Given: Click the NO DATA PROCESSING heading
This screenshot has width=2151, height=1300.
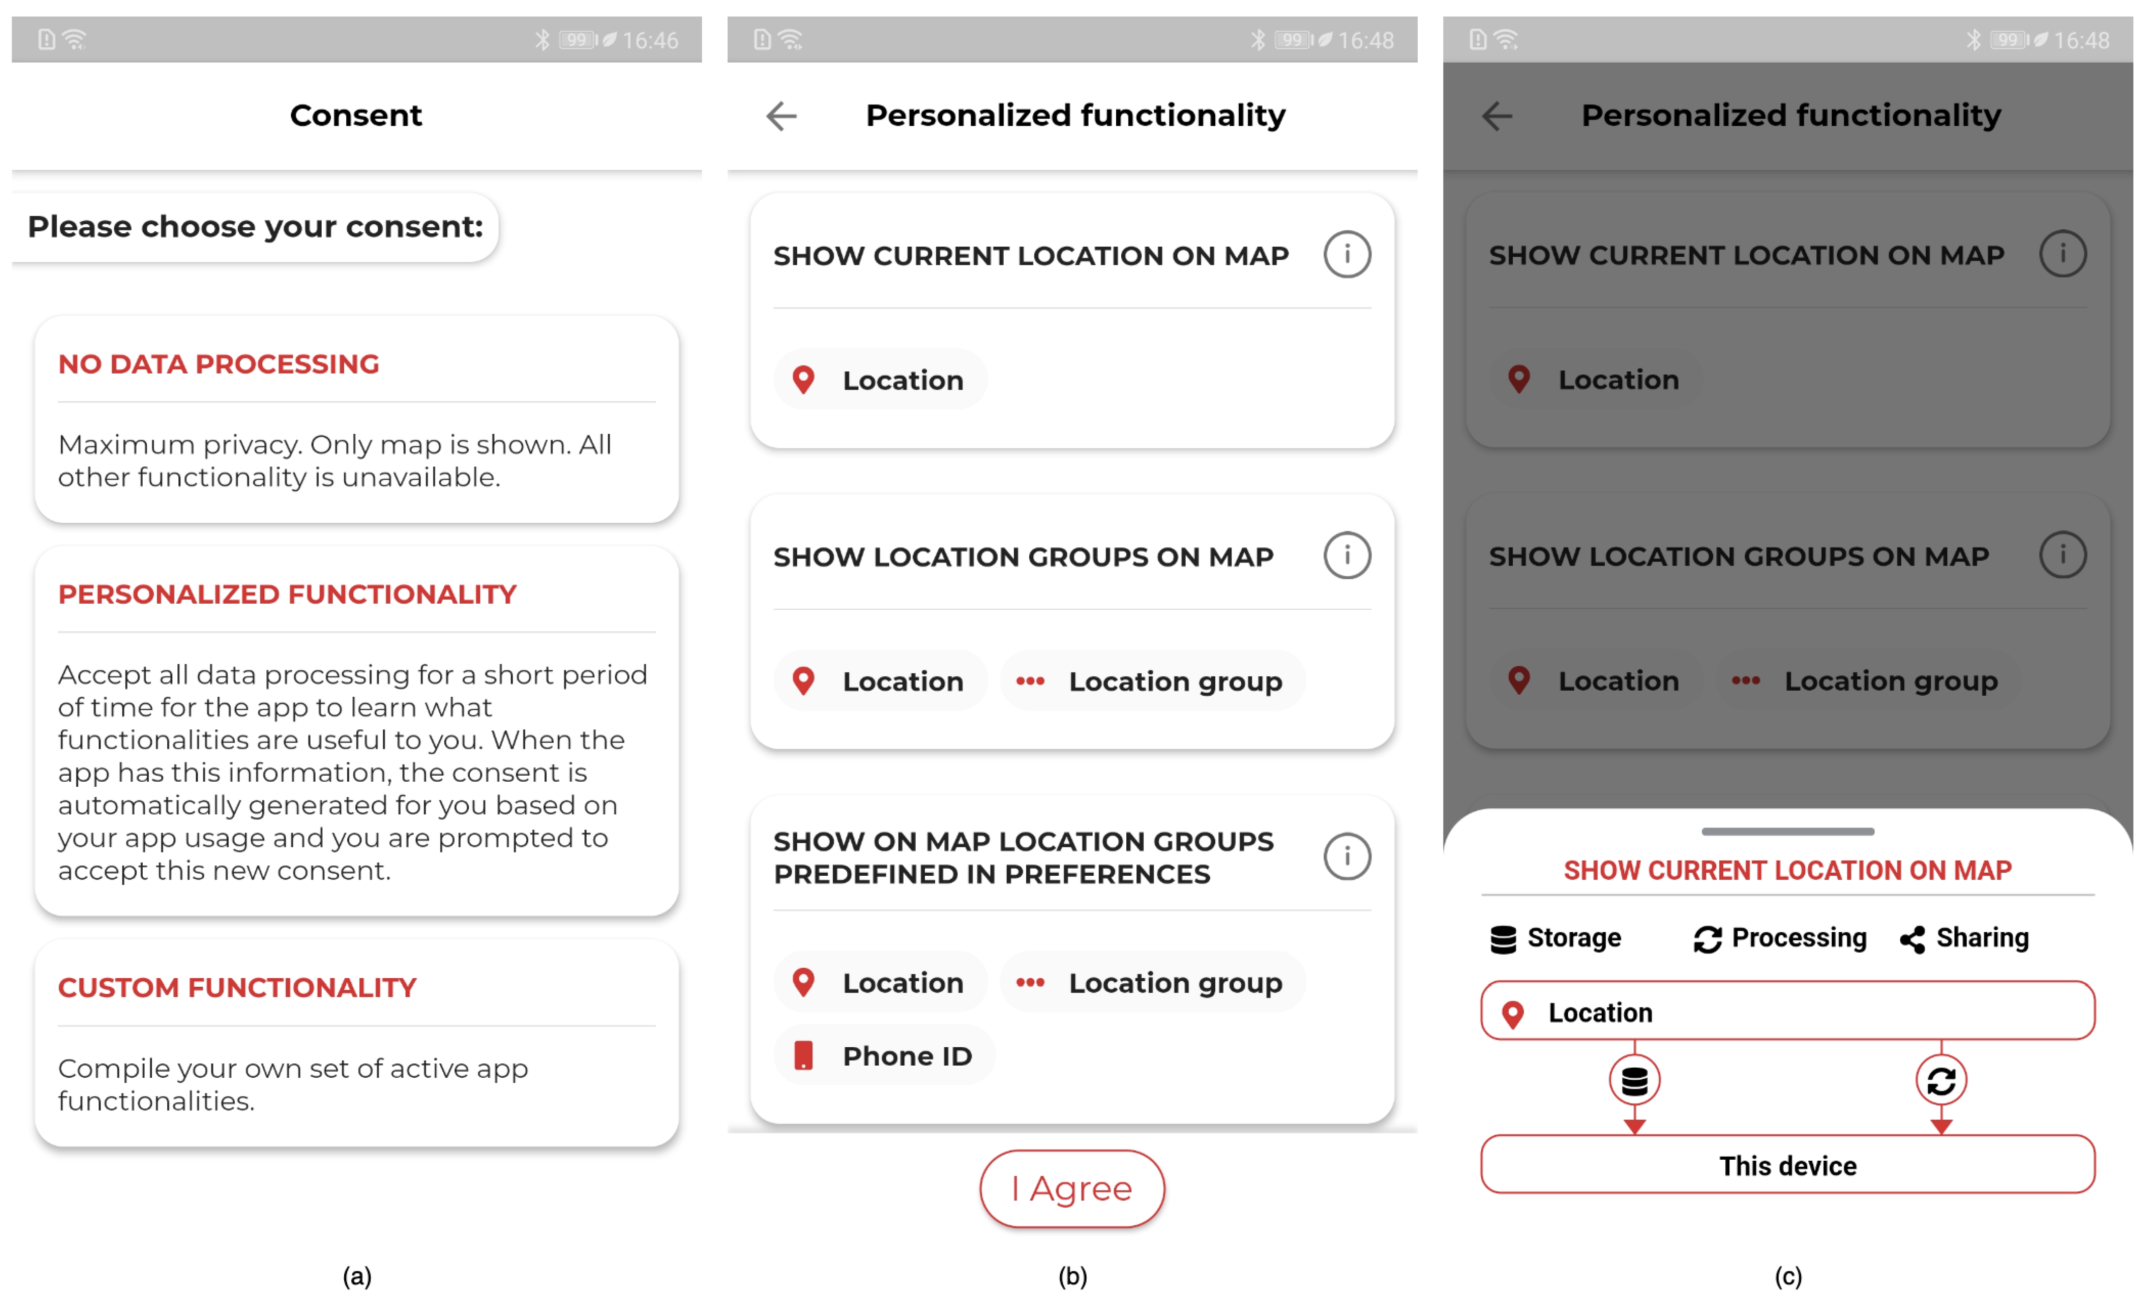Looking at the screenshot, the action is (218, 364).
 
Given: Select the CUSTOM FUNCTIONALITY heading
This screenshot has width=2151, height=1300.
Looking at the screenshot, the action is (237, 987).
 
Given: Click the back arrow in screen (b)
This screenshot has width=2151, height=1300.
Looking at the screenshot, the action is (781, 115).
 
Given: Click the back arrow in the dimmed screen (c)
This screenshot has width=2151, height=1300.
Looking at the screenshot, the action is (1497, 115).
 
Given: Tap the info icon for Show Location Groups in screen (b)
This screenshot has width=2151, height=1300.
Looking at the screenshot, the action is (1347, 555).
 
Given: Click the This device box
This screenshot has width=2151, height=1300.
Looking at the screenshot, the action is (1787, 1165).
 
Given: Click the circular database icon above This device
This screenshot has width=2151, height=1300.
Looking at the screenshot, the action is (1634, 1081).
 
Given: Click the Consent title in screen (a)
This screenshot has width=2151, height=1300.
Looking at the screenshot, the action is (356, 115).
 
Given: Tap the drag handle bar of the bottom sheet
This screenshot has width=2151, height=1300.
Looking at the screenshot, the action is (1787, 831).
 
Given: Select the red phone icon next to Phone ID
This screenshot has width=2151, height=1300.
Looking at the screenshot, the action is (803, 1056).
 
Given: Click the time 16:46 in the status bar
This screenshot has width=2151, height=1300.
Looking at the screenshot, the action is (650, 40).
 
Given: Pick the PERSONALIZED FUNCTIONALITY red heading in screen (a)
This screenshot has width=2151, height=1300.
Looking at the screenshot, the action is (287, 595).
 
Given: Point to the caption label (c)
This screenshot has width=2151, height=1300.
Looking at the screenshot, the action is (1788, 1276).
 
